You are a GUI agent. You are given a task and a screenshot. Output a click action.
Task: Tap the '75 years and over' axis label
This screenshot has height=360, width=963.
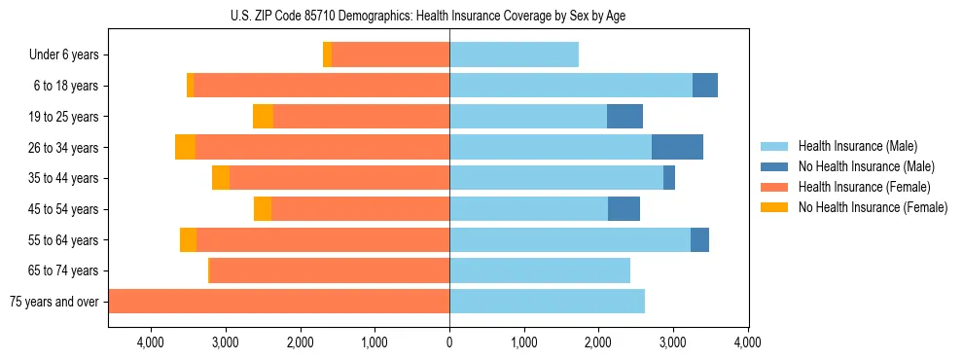click(53, 302)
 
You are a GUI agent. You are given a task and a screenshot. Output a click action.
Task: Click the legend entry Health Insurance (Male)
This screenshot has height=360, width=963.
click(857, 146)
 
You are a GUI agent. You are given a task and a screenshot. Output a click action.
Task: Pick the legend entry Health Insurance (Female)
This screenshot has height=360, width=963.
click(862, 187)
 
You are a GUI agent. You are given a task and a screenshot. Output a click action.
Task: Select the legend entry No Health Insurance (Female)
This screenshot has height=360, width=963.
click(872, 207)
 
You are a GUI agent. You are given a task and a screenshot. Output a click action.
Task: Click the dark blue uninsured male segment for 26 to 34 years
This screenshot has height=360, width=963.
click(677, 148)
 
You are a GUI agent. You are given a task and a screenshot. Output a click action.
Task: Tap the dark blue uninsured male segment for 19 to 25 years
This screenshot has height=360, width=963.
click(624, 117)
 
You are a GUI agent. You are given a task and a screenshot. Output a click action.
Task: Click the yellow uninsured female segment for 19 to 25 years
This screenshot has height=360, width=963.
click(263, 117)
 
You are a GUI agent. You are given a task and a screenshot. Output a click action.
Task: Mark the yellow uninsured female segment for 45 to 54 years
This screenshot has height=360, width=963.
click(263, 209)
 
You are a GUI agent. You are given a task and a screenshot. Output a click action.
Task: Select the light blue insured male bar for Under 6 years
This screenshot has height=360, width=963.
click(514, 55)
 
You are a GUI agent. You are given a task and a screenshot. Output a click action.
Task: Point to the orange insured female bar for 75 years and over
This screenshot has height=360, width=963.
click(279, 302)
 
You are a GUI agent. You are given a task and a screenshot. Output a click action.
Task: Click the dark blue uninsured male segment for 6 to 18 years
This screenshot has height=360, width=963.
click(705, 86)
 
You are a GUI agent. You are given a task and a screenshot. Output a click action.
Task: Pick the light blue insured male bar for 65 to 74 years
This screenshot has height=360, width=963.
click(540, 270)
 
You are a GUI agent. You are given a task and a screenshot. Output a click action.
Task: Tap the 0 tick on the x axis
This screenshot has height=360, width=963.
click(449, 342)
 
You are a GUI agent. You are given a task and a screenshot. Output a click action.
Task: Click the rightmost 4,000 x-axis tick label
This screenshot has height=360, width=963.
click(747, 342)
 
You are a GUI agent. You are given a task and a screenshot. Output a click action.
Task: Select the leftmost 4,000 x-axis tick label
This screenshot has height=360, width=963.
click(151, 342)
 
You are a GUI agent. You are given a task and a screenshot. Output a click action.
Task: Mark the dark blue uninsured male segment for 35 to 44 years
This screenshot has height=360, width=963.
click(669, 178)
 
